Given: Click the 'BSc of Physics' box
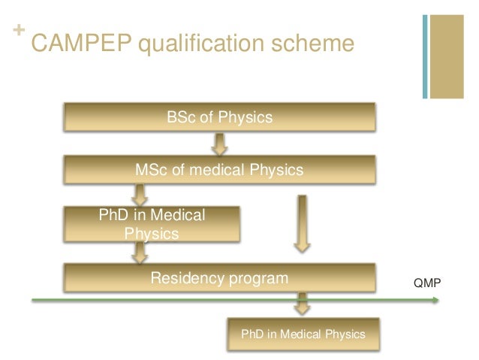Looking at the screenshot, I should point(218,118).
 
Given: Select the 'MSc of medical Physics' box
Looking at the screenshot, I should point(218,170).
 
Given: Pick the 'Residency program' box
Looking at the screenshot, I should point(218,279).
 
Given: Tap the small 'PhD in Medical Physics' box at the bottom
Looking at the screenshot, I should point(303,334).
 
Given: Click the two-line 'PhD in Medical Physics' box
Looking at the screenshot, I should point(152,224).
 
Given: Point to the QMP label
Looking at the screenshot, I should point(429,283).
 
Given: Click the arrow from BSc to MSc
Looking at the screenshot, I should point(219,143).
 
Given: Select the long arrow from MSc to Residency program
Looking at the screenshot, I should point(302,222).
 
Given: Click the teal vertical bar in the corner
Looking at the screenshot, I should point(426,56).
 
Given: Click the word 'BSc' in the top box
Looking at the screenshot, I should point(179,118).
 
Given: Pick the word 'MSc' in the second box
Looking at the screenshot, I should point(150,170).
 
